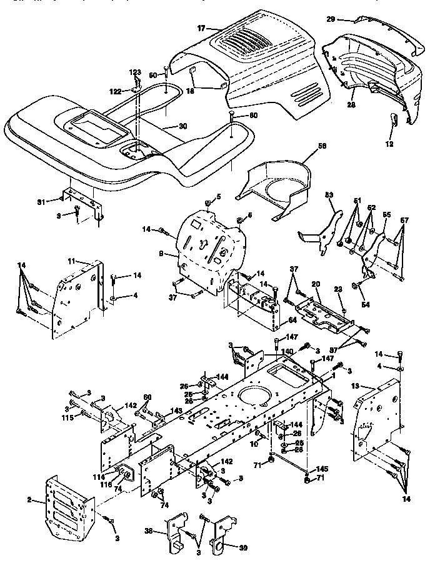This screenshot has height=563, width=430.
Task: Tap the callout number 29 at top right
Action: click(x=349, y=19)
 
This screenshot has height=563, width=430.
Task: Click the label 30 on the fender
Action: click(x=182, y=126)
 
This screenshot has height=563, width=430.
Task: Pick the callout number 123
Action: click(x=136, y=72)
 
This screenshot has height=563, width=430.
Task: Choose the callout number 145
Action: click(x=322, y=469)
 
